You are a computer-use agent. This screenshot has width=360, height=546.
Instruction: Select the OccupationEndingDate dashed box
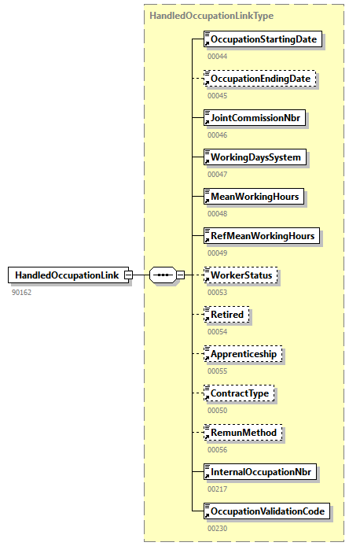(x=261, y=79)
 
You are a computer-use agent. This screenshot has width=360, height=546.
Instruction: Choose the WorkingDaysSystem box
(x=255, y=157)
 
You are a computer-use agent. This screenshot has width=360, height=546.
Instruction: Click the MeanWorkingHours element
(x=254, y=197)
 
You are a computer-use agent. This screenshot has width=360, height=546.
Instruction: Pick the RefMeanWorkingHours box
(x=262, y=236)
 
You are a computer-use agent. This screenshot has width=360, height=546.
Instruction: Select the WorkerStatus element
(x=241, y=275)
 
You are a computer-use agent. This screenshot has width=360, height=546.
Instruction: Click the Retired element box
(x=226, y=315)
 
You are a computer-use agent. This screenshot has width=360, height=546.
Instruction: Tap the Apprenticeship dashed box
(x=243, y=354)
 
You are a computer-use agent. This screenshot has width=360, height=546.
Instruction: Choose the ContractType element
(x=240, y=393)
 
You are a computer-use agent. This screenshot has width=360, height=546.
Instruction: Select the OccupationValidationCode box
(x=266, y=511)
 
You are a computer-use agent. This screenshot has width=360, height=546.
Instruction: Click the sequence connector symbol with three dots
(x=163, y=275)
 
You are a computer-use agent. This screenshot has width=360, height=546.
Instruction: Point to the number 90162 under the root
(x=21, y=292)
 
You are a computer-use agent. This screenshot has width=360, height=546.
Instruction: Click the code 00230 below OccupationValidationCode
(x=218, y=528)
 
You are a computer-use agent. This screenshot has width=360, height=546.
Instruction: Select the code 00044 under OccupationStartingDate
(x=218, y=56)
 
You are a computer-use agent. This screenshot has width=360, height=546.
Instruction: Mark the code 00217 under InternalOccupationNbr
(x=218, y=489)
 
